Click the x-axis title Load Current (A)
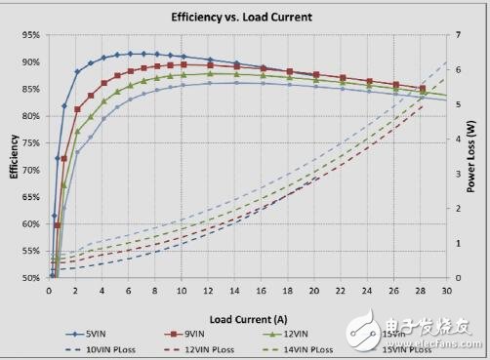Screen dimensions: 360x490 coord(246,319)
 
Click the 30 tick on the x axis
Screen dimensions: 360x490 coord(446,291)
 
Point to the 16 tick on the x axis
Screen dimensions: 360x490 coord(261,291)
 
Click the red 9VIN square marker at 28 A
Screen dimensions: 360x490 coord(421,89)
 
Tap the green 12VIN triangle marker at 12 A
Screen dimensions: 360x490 coord(208,73)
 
